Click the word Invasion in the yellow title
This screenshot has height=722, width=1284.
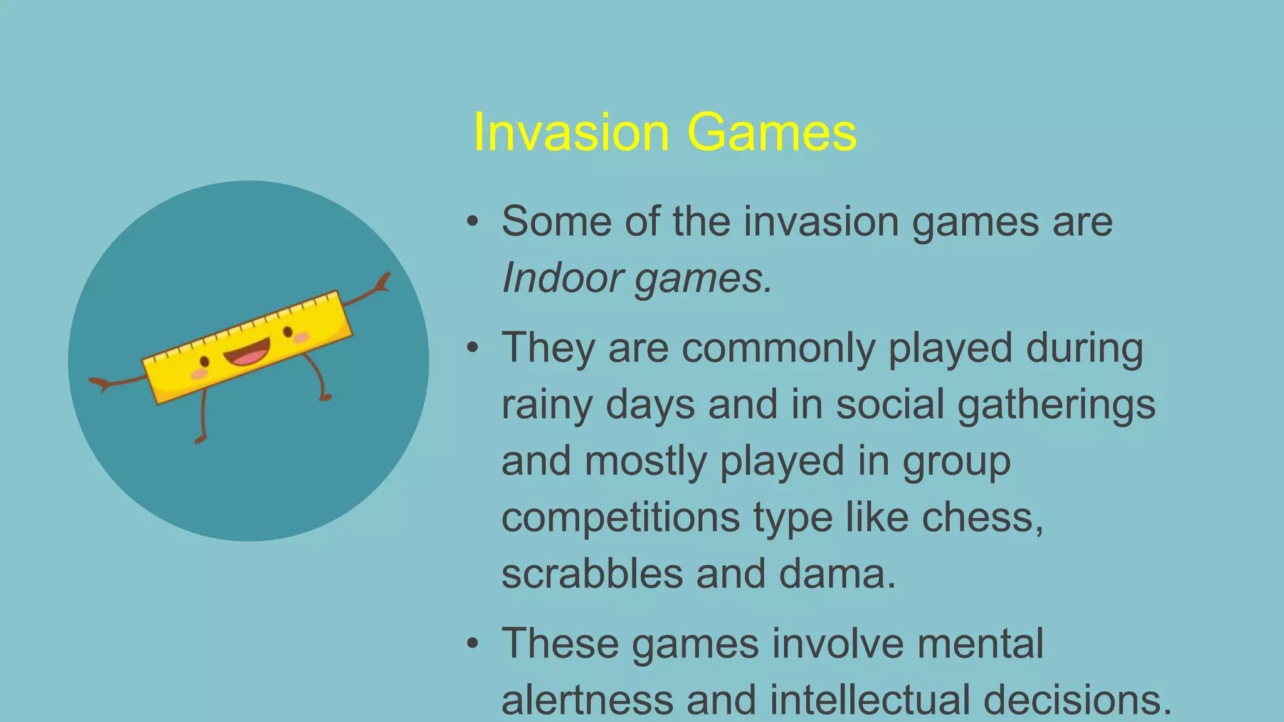(x=571, y=132)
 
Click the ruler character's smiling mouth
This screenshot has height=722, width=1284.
(x=247, y=353)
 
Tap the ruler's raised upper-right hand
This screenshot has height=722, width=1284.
(x=382, y=281)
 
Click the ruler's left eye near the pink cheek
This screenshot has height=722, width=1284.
(x=204, y=362)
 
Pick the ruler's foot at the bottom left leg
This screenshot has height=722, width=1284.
(x=200, y=439)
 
